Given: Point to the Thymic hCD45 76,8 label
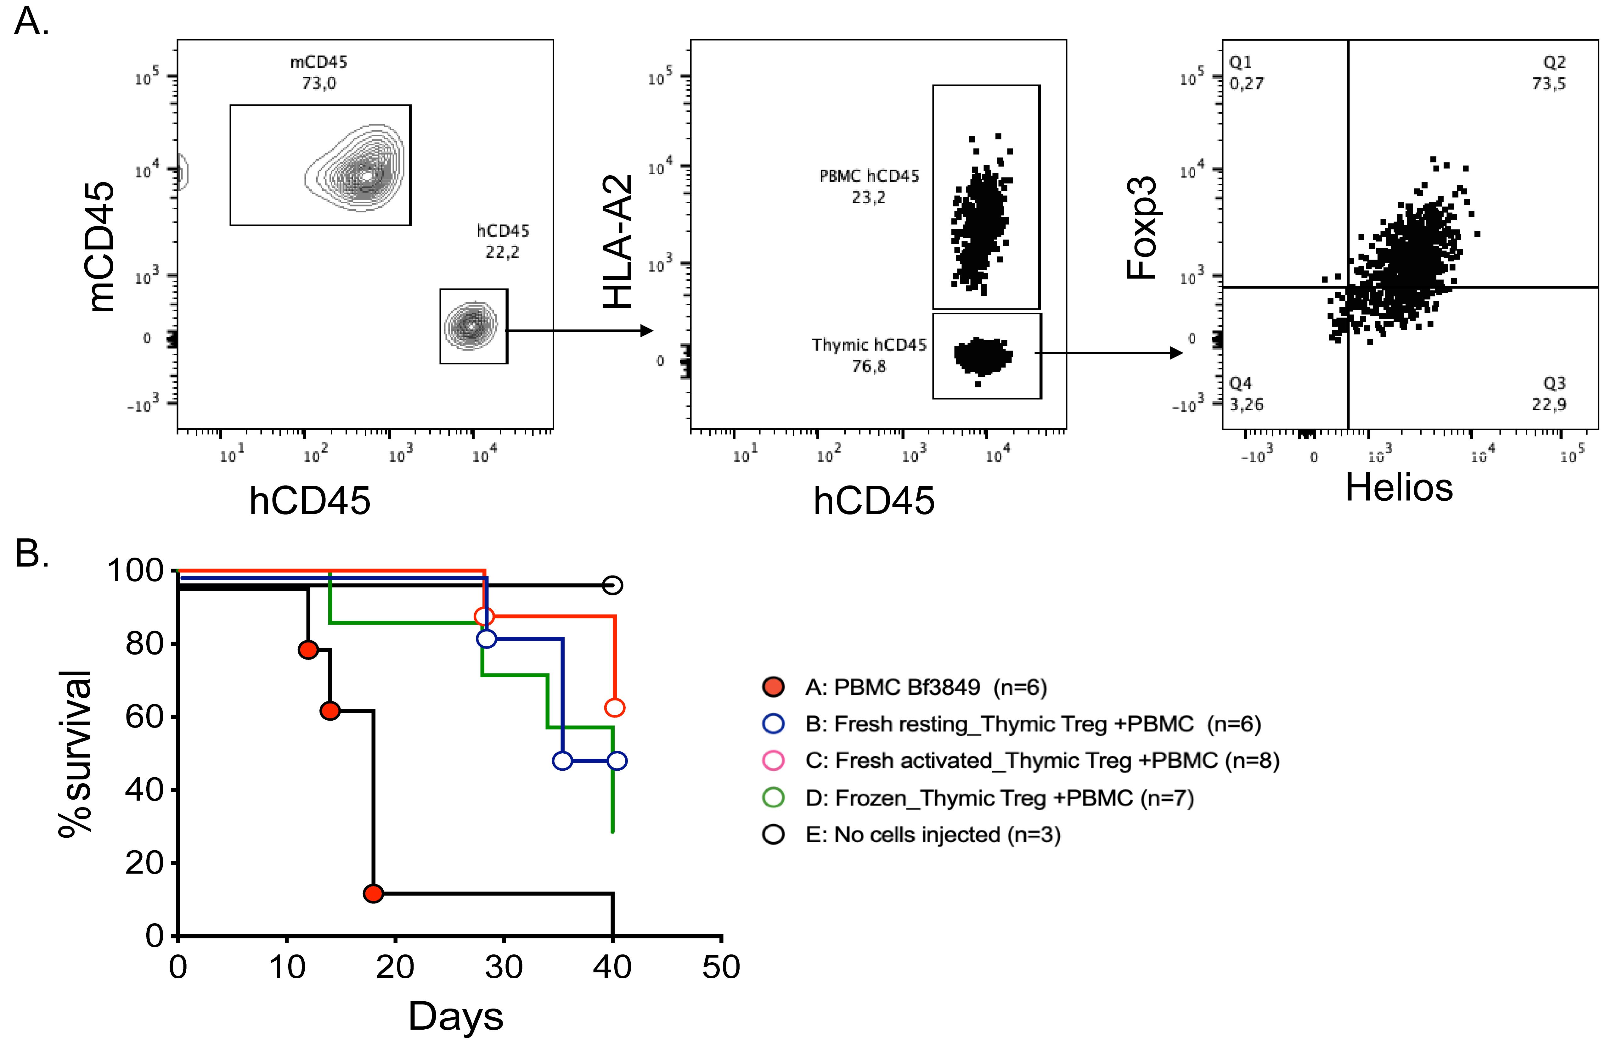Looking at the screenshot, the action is pyautogui.click(x=869, y=355).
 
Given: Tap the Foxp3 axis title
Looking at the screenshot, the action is pyautogui.click(x=1141, y=228).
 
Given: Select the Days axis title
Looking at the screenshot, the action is pyautogui.click(x=456, y=1017).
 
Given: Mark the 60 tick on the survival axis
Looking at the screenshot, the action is pyautogui.click(x=145, y=717).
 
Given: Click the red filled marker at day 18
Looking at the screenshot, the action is pyautogui.click(x=373, y=893).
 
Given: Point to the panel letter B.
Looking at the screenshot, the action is pyautogui.click(x=31, y=554).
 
